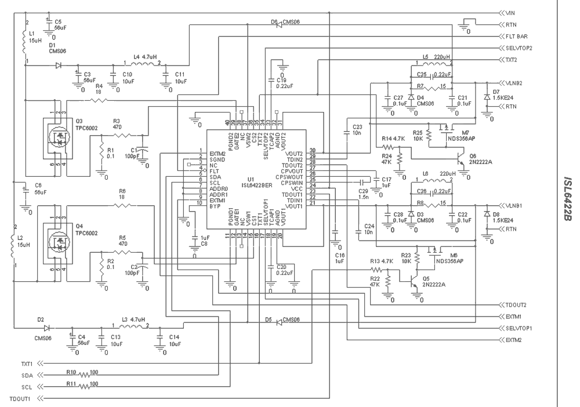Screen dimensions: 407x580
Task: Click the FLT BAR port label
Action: [x=516, y=36]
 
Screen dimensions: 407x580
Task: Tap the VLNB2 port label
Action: [x=514, y=82]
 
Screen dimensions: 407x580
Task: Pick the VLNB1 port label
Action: [x=514, y=206]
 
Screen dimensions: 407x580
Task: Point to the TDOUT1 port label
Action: [x=20, y=399]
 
